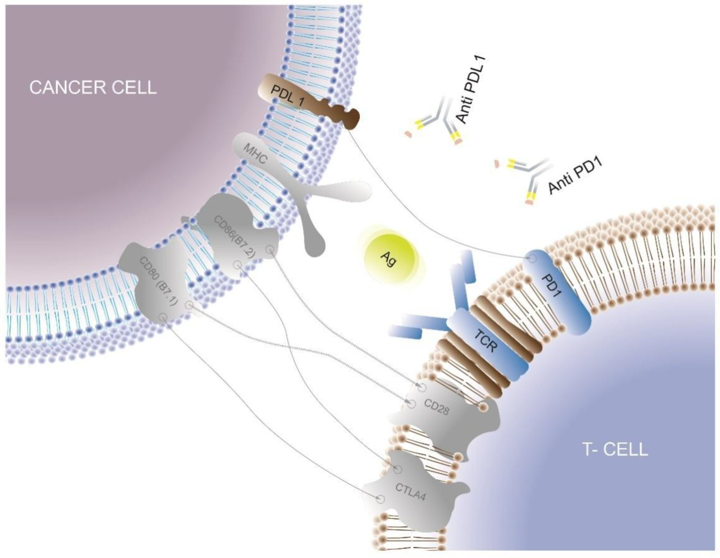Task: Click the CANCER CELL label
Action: (x=93, y=88)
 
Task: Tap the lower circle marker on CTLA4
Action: (x=381, y=499)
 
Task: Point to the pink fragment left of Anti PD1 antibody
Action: (x=497, y=164)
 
